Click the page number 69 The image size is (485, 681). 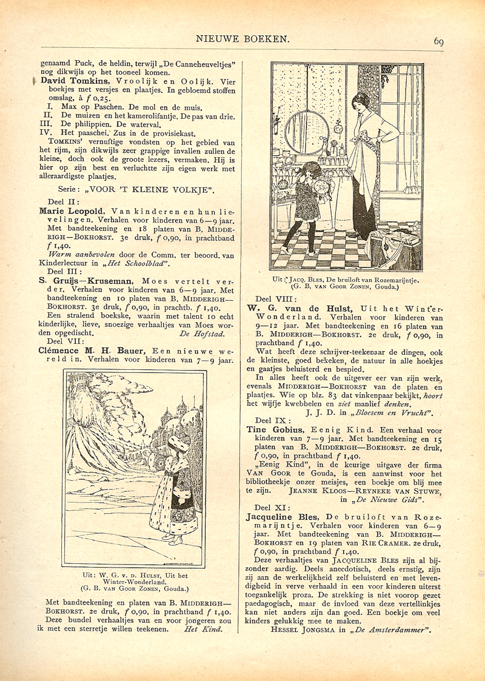coord(439,41)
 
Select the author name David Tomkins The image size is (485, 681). coord(66,80)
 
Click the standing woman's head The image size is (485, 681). coord(362,101)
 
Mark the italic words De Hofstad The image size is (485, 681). coord(201,333)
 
